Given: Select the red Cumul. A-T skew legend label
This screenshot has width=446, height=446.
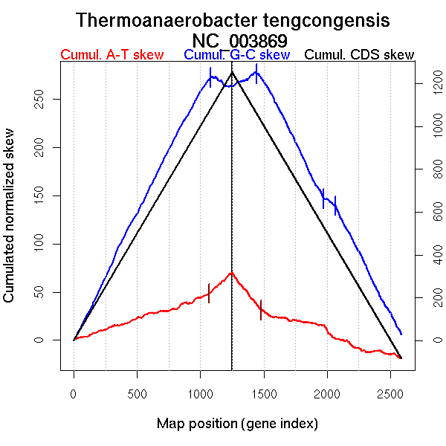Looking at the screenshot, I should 111,55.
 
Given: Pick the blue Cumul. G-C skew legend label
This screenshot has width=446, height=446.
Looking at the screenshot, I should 236,55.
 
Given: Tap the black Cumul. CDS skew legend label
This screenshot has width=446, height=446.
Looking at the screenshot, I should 360,55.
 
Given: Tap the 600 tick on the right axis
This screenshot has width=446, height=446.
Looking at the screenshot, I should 427,213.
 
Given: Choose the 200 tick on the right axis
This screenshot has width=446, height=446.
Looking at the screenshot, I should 427,298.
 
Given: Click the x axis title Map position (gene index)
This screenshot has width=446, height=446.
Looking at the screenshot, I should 237,424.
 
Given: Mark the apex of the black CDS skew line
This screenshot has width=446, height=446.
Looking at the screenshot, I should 232,71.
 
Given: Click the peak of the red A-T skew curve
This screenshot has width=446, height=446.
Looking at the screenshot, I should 232,273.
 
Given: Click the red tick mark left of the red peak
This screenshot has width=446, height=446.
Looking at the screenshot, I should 209,293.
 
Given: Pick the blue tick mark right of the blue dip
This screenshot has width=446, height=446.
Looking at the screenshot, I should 256,74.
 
